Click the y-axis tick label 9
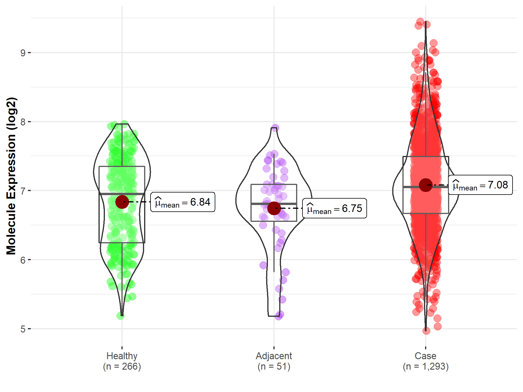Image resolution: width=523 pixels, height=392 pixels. (x=23, y=53)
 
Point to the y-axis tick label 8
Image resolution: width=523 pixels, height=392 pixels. (x=23, y=122)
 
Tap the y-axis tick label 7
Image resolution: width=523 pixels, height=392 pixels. (x=23, y=191)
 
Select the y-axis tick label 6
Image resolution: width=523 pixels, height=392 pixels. (x=23, y=260)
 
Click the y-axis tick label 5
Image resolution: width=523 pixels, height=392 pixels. (x=23, y=329)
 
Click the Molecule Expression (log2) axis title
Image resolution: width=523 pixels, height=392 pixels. (x=11, y=176)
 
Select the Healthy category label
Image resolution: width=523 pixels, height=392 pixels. (x=122, y=356)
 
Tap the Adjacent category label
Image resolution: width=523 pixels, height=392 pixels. (x=274, y=356)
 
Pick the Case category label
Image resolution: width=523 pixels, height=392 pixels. (x=425, y=356)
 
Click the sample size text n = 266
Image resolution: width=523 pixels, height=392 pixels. (x=122, y=366)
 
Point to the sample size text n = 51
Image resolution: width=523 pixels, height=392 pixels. (x=274, y=366)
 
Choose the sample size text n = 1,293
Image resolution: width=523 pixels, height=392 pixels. (x=425, y=366)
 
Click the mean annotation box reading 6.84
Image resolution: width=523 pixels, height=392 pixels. (x=182, y=202)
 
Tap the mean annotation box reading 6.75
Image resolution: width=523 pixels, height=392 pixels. (x=334, y=208)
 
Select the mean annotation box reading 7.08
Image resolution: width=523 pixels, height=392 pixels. (x=480, y=185)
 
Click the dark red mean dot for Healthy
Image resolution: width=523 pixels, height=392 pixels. (x=122, y=202)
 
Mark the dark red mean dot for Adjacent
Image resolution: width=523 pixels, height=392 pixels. (x=274, y=208)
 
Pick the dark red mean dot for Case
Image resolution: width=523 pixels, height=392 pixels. (x=426, y=185)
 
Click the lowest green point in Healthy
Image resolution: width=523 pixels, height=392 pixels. (x=120, y=316)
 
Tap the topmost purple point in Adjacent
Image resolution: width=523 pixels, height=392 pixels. (x=275, y=128)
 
